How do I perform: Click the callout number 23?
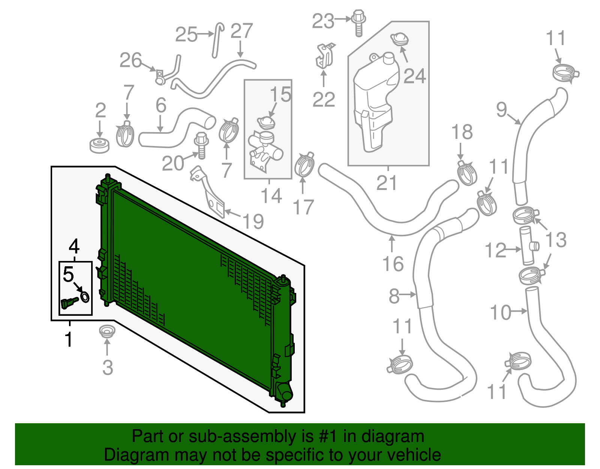pos(323,21)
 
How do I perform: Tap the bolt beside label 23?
pos(358,23)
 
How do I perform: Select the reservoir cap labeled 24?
pos(399,39)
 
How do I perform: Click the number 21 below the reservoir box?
pos(386,183)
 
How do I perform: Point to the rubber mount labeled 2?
pos(100,145)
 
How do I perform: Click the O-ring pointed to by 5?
pos(85,297)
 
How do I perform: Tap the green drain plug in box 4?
pos(69,302)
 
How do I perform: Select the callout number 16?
pos(393,264)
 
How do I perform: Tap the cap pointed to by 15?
pos(266,122)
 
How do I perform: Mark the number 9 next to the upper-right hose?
pos(501,109)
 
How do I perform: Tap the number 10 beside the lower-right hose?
pos(500,312)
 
